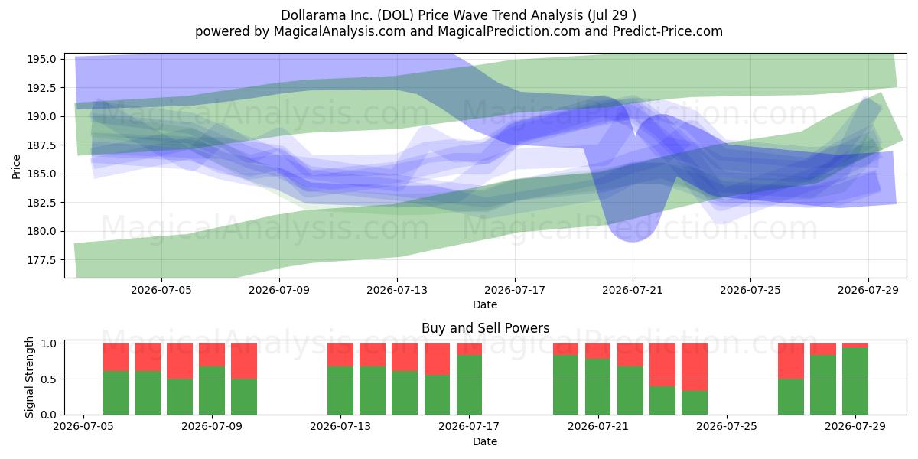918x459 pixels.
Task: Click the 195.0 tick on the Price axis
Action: tap(41, 59)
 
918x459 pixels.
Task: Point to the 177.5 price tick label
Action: tap(41, 260)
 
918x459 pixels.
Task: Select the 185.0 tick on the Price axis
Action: tap(41, 174)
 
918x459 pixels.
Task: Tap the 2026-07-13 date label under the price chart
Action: tap(397, 290)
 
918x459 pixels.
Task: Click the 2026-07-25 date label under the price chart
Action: tap(750, 290)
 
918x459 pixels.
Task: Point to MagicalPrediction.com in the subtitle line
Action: tap(509, 31)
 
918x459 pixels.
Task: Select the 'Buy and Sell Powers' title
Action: tap(485, 328)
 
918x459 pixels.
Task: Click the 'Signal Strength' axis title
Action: tap(29, 377)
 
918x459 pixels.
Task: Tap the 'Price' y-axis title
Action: tap(16, 167)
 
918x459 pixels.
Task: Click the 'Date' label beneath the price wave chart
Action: tap(485, 304)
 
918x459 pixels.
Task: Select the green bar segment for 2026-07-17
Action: tap(469, 384)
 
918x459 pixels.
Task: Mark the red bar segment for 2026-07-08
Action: tap(180, 360)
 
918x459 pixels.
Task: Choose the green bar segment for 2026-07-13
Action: tap(340, 390)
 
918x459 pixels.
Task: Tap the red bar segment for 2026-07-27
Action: tap(791, 360)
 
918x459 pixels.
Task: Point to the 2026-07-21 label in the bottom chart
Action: tap(598, 426)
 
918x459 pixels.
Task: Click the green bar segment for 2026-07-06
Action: tap(116, 392)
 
